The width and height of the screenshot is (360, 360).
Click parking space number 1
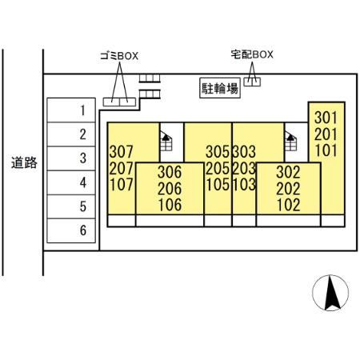tap(71, 110)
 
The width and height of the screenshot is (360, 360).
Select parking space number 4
tap(71, 182)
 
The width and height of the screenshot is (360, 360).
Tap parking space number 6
tap(71, 230)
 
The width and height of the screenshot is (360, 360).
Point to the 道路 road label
tap(24, 162)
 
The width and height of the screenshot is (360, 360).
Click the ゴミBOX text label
tap(119, 56)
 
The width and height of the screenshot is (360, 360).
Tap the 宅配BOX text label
tap(252, 54)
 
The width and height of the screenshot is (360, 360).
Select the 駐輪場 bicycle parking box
tap(220, 88)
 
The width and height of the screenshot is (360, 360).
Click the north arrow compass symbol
tap(330, 293)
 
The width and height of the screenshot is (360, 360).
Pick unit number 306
tap(170, 172)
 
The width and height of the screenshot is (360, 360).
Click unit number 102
tap(288, 205)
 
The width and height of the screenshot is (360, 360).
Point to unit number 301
tap(326, 118)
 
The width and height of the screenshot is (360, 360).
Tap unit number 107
tap(122, 185)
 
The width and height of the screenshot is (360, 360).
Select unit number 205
tap(218, 168)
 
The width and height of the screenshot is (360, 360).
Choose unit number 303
tap(244, 151)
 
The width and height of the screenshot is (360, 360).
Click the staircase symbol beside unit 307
tap(166, 141)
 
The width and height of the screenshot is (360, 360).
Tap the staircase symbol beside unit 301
tap(290, 141)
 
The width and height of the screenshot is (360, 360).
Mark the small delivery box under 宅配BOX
tap(252, 82)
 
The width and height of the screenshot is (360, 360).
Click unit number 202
tap(288, 189)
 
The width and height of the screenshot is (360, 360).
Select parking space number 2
tap(71, 134)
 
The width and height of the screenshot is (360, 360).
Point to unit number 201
tap(326, 134)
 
